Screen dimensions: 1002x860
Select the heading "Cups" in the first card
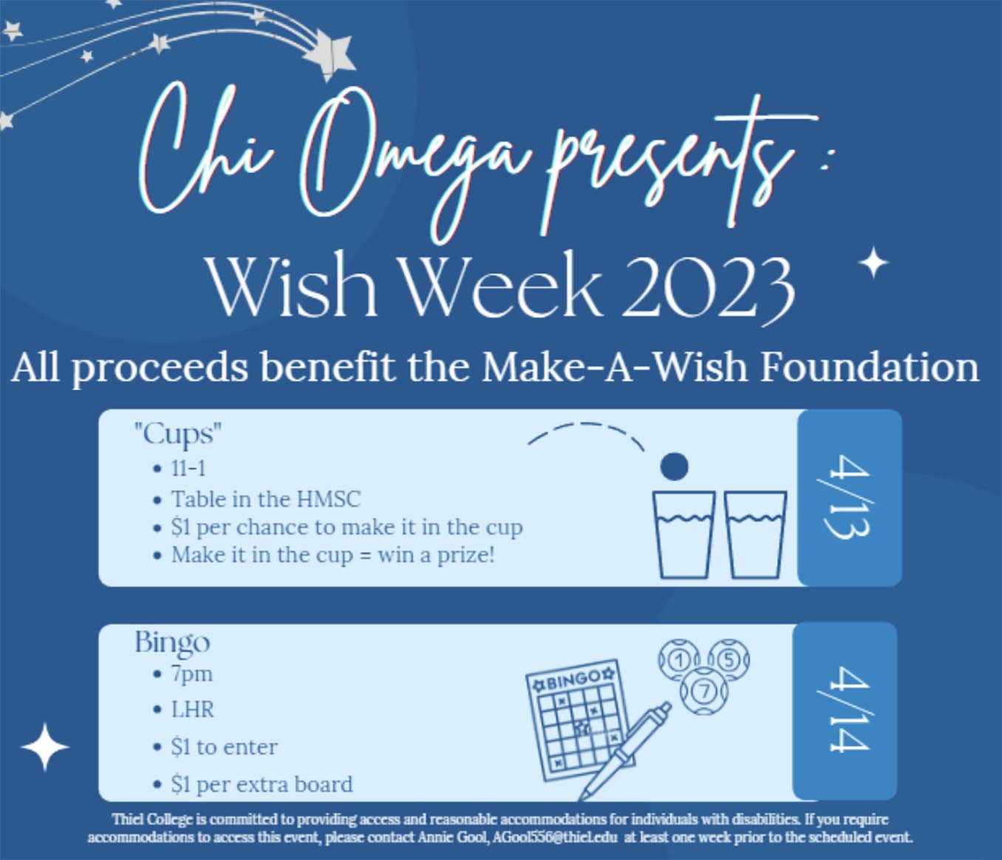(x=178, y=434)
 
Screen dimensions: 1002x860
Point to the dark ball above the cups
(x=674, y=466)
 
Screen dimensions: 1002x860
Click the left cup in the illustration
(x=684, y=535)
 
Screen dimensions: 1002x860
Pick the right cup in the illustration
(x=755, y=535)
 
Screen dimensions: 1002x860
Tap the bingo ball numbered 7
(x=704, y=692)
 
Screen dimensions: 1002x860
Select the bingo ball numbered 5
(x=728, y=660)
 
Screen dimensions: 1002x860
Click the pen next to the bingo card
(x=625, y=751)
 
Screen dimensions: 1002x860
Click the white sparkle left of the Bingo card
(x=44, y=747)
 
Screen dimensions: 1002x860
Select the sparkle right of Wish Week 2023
(x=873, y=263)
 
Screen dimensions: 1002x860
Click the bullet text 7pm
(x=191, y=675)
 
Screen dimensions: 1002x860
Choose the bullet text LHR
(x=192, y=710)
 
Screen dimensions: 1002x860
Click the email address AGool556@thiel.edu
(x=554, y=837)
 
